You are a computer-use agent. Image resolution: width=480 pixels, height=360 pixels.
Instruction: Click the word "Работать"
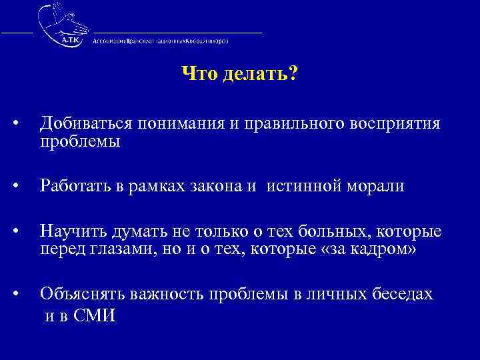pos(77,187)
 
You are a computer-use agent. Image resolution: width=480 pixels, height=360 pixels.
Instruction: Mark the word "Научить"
pos(73,231)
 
